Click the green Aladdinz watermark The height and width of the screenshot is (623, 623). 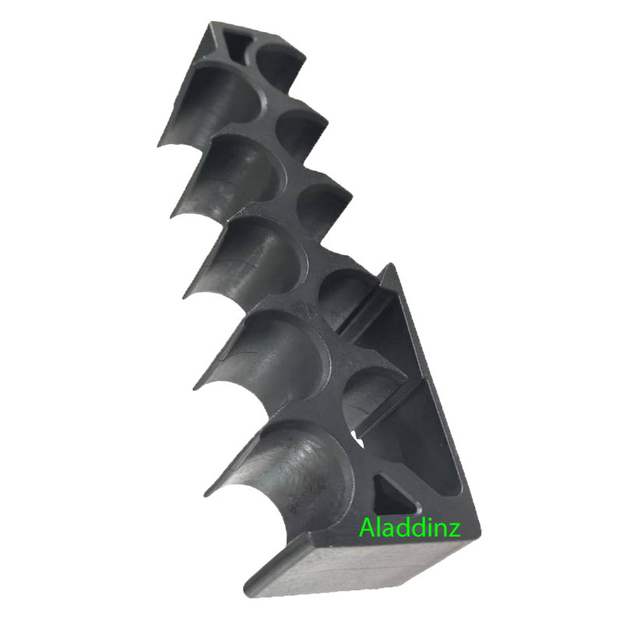pyautogui.click(x=410, y=528)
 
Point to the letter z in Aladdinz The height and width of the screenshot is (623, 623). pyautogui.click(x=455, y=531)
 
